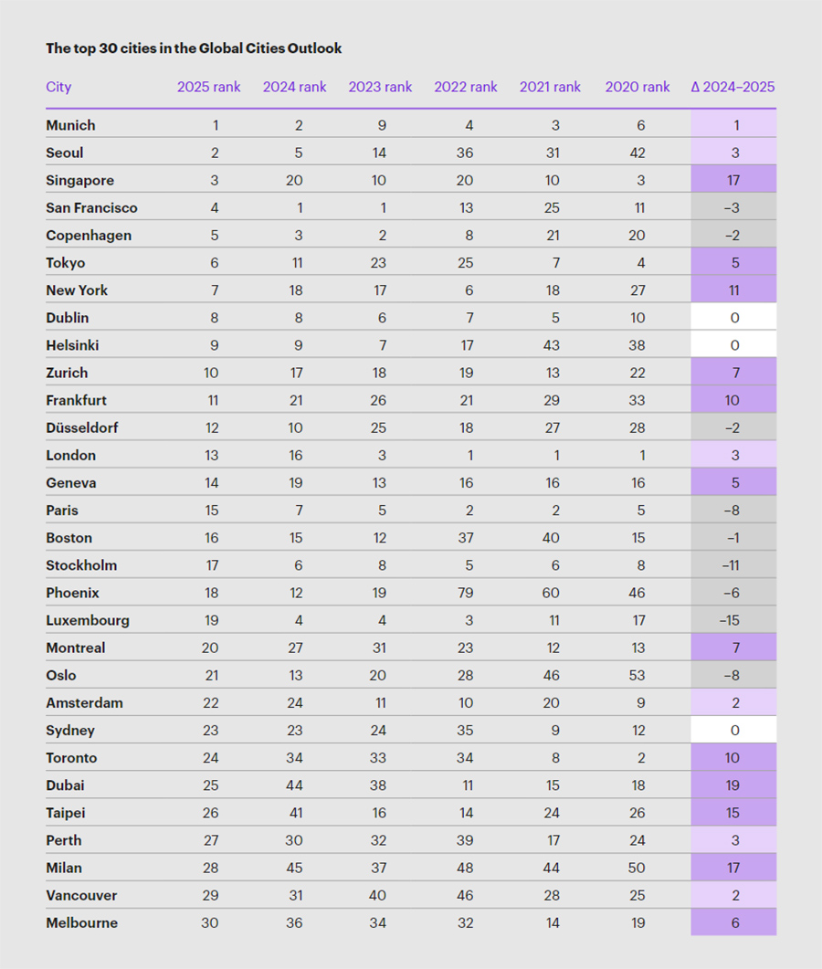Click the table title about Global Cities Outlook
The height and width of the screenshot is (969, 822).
tap(194, 48)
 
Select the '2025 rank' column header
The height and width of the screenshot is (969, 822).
tap(209, 88)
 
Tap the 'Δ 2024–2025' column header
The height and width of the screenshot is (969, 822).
tap(733, 88)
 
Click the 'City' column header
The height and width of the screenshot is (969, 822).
tap(58, 88)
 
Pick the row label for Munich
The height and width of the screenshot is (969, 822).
tap(70, 125)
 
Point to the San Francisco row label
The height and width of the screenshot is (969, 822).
tap(91, 208)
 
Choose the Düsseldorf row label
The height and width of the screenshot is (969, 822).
tap(82, 427)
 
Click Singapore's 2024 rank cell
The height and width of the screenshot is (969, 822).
tap(294, 181)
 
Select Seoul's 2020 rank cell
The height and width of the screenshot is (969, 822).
tap(638, 153)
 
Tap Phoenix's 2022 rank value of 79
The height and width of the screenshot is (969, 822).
tap(466, 593)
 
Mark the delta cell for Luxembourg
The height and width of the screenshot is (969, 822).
tap(733, 620)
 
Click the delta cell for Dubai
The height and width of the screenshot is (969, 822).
tap(733, 785)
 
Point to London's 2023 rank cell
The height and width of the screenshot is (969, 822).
tap(380, 455)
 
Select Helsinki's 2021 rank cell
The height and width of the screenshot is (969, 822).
tap(551, 345)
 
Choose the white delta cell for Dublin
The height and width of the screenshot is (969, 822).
tap(733, 318)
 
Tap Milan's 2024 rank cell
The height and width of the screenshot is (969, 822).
tap(294, 868)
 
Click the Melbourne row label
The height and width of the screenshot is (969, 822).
tap(81, 922)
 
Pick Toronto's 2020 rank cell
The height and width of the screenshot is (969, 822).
tap(638, 758)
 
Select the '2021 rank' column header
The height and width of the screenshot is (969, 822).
tap(551, 88)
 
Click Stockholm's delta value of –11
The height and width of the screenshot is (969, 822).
tap(733, 565)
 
